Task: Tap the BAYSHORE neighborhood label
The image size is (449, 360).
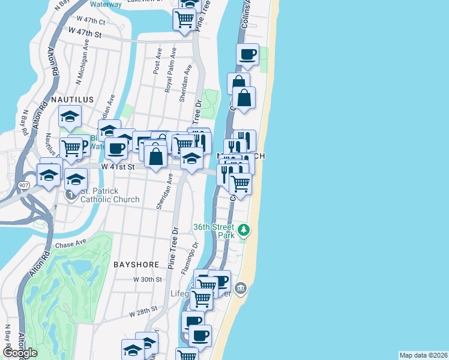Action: click(136, 264)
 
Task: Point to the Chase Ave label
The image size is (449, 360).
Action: click(71, 245)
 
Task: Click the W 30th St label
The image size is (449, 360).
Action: click(148, 280)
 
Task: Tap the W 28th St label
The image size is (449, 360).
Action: click(143, 310)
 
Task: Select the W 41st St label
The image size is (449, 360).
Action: click(116, 167)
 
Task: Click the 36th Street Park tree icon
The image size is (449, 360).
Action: click(243, 230)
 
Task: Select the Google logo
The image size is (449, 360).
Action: click(20, 353)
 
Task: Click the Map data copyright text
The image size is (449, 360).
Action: click(424, 355)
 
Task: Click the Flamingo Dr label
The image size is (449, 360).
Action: click(194, 253)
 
